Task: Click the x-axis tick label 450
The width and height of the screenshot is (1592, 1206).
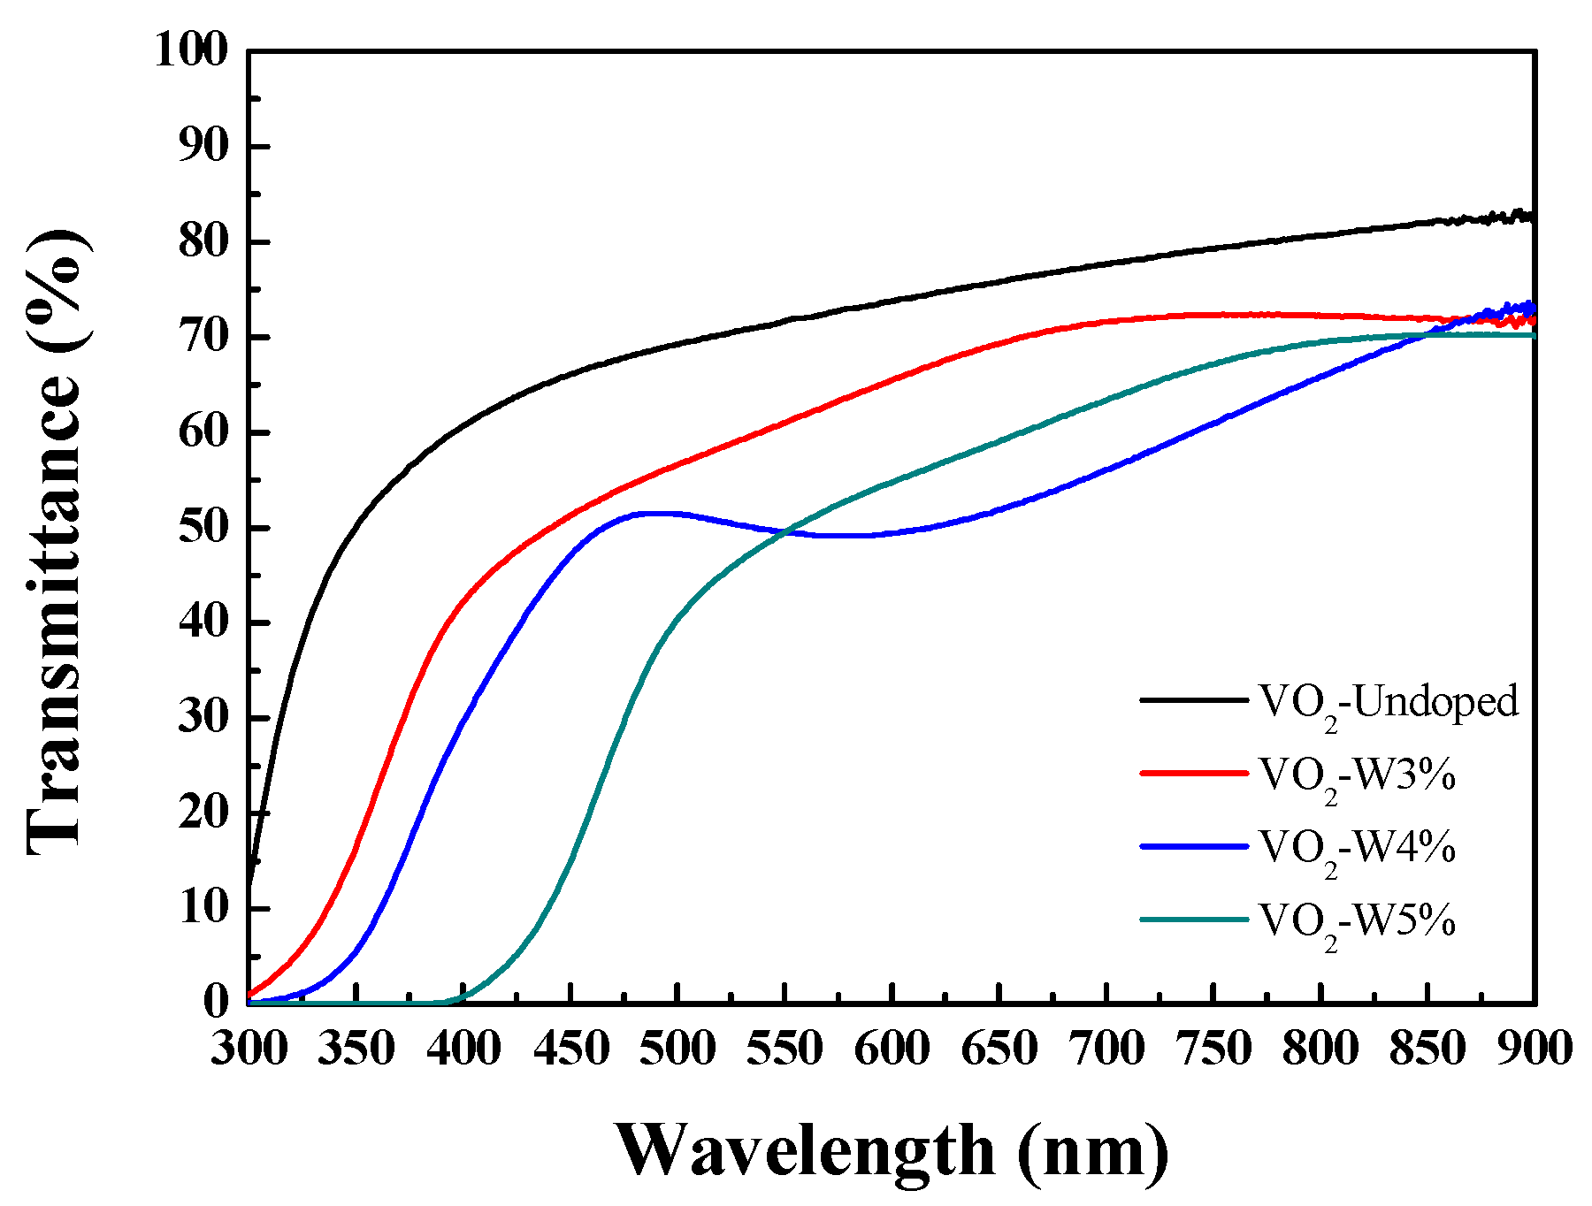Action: pyautogui.click(x=571, y=1050)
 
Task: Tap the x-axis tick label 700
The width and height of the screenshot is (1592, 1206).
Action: pyautogui.click(x=1106, y=1050)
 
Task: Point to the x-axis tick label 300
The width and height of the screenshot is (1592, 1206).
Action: pyautogui.click(x=249, y=1050)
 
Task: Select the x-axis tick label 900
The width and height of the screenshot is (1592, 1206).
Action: pyautogui.click(x=1535, y=1050)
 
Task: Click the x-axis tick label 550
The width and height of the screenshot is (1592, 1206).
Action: pyautogui.click(x=785, y=1050)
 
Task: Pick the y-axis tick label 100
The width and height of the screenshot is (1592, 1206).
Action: pyautogui.click(x=192, y=50)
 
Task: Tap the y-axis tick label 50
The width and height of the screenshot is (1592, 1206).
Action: pyautogui.click(x=204, y=527)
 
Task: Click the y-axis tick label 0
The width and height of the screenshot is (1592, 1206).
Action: pyautogui.click(x=217, y=1003)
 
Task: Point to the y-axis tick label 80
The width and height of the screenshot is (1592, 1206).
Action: pyautogui.click(x=204, y=241)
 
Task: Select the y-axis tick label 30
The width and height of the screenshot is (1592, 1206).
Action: pyautogui.click(x=204, y=717)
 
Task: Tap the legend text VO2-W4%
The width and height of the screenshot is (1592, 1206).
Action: pyautogui.click(x=1357, y=850)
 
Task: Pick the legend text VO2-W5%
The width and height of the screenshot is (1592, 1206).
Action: pyautogui.click(x=1357, y=923)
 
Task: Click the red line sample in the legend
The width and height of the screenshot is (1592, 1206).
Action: pyautogui.click(x=1193, y=773)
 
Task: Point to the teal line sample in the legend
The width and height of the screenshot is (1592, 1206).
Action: pyautogui.click(x=1193, y=920)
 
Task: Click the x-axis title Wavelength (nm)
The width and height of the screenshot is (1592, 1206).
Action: pyautogui.click(x=892, y=1150)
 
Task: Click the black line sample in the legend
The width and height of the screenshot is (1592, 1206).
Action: pyautogui.click(x=1193, y=699)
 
